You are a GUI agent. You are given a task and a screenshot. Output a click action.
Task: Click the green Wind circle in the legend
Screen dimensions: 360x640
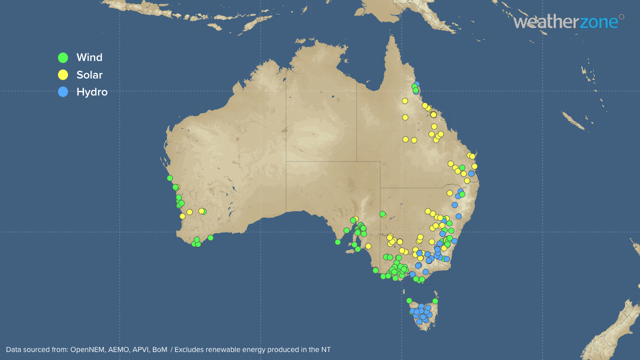(63, 57)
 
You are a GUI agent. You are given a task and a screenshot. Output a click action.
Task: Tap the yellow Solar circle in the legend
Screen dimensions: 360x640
(63, 75)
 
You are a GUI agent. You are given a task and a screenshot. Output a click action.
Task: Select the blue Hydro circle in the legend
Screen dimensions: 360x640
(63, 92)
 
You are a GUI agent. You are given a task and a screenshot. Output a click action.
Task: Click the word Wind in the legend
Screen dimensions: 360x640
(89, 57)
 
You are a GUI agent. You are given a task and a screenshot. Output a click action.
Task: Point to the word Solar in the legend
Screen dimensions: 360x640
(89, 75)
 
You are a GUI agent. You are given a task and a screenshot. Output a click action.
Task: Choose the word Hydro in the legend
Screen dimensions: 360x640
(92, 92)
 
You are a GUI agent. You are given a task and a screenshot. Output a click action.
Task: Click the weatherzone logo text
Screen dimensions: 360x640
(565, 22)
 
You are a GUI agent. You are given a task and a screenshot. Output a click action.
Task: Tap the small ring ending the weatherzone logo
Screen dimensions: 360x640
(621, 16)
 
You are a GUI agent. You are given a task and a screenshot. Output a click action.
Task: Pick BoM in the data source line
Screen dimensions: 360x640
(160, 349)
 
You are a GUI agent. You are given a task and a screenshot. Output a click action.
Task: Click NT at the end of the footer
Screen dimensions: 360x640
(325, 349)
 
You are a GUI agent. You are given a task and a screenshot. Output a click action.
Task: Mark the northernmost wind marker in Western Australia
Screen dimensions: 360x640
(170, 178)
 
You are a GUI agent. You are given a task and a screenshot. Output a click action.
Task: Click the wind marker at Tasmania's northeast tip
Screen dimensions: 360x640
(435, 301)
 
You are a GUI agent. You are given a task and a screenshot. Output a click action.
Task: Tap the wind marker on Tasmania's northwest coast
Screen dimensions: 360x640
(409, 300)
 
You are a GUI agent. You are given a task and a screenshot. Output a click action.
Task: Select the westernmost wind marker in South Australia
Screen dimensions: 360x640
(337, 242)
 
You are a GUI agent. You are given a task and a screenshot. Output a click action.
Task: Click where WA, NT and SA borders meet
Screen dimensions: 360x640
(286, 161)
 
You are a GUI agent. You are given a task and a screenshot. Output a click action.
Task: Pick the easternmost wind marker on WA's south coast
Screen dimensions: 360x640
(210, 237)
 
